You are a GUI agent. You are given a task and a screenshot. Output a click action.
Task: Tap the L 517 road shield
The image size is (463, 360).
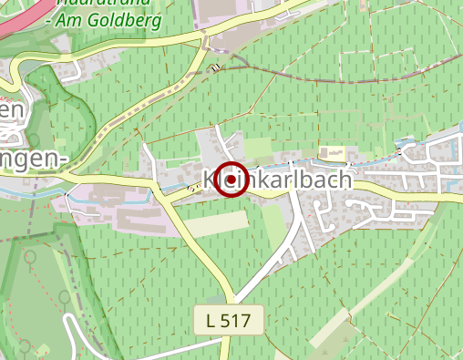pos(229,320)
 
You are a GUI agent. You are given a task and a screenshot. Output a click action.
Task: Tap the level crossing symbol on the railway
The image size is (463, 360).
pos(216,67)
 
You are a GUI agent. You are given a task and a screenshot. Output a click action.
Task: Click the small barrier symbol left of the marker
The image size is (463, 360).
pos(191,188)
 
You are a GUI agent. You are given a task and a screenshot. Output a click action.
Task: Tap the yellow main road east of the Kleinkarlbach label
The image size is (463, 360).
pos(401,190)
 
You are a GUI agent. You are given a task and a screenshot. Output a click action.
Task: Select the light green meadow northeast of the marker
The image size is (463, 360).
pos(261,146)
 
